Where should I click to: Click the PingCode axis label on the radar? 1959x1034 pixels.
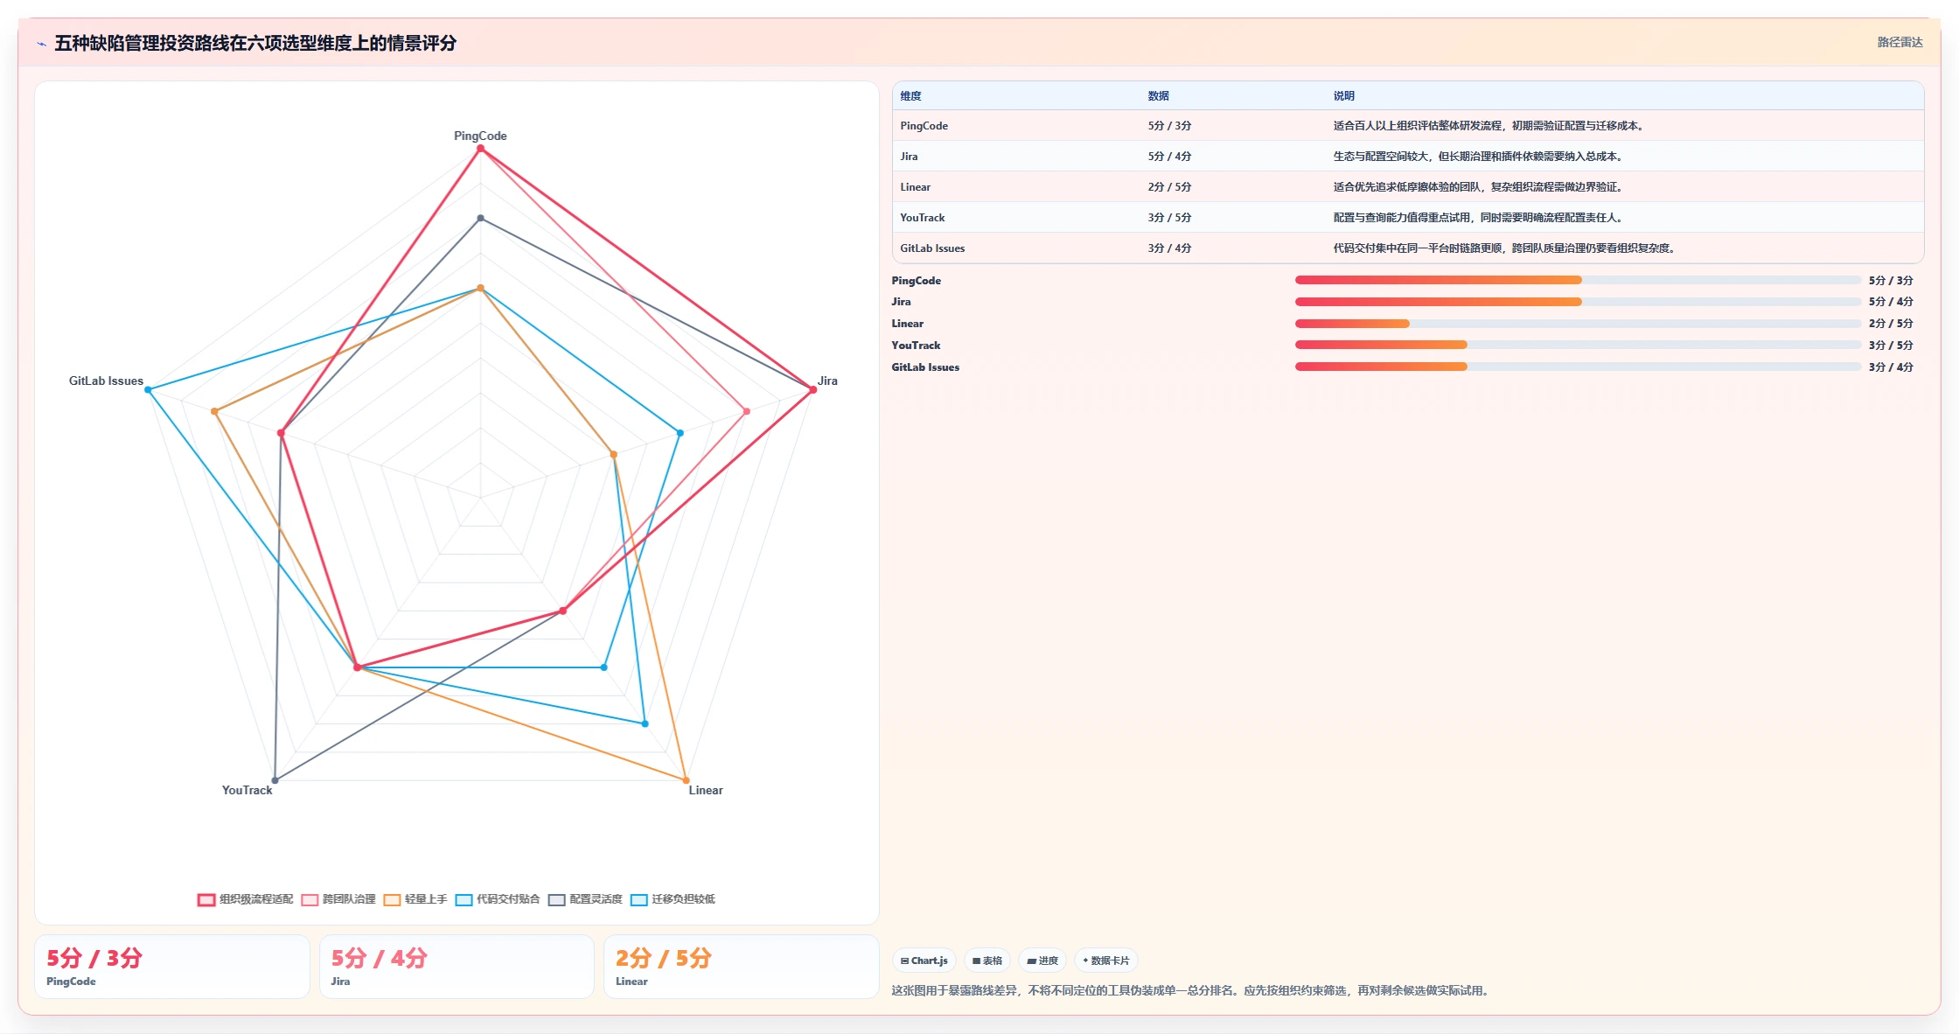(x=480, y=136)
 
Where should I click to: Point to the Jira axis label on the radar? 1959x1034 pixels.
(x=827, y=381)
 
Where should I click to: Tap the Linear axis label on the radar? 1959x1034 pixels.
(x=706, y=790)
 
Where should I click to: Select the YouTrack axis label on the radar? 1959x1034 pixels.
(x=247, y=790)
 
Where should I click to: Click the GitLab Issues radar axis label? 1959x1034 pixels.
(x=106, y=381)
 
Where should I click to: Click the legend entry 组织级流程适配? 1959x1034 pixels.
(x=246, y=899)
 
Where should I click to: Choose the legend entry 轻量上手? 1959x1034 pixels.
(x=415, y=899)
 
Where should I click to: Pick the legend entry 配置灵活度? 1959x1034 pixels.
(x=585, y=899)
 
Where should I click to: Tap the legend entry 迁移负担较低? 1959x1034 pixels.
(x=673, y=899)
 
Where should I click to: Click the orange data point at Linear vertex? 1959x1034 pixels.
(x=686, y=780)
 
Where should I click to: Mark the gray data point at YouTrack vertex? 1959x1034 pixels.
(x=275, y=780)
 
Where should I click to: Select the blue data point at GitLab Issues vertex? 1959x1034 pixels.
(x=148, y=390)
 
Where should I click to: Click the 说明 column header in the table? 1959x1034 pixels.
(x=1343, y=96)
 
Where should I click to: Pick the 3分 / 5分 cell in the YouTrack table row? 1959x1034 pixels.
(x=1169, y=218)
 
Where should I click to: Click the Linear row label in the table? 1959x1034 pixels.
(x=915, y=187)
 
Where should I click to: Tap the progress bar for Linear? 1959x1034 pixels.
(x=1578, y=324)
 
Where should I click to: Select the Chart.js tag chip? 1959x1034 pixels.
(x=924, y=961)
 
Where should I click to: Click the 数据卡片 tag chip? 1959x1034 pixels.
(x=1106, y=961)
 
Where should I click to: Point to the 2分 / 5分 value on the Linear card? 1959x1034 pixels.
(x=663, y=958)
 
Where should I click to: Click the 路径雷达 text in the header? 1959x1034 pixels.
(x=1900, y=42)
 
